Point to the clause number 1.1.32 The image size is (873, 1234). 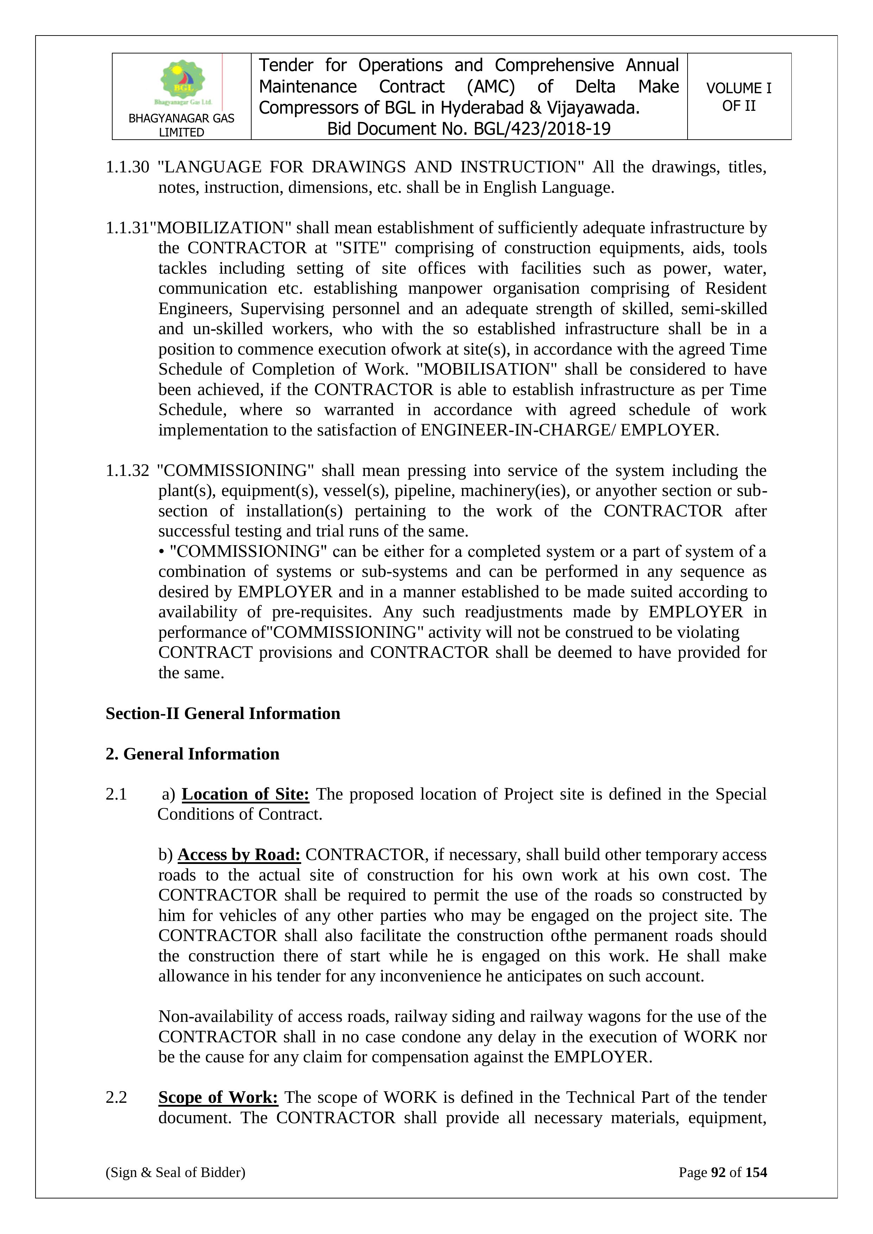point(127,470)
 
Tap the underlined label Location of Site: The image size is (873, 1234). point(245,794)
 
